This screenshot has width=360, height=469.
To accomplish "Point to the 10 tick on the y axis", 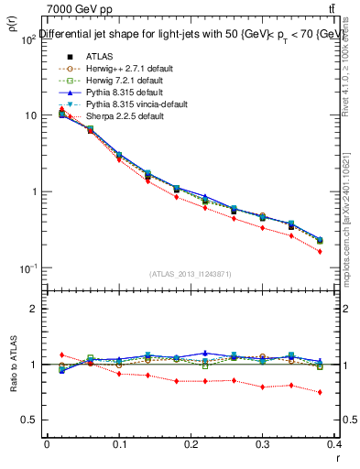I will pos(30,115).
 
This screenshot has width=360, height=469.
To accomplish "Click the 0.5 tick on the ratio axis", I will pos(31,420).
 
